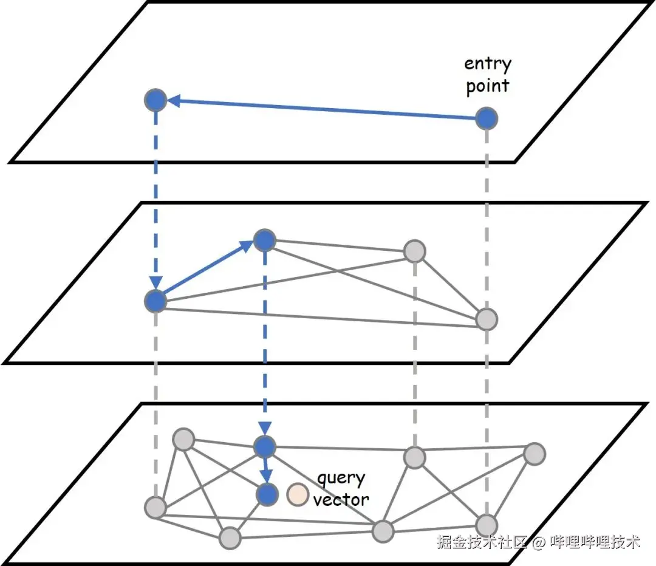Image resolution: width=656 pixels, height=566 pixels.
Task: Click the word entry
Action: [488, 64]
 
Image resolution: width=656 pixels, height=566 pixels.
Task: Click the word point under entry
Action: [487, 86]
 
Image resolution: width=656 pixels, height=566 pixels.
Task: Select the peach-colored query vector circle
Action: [298, 495]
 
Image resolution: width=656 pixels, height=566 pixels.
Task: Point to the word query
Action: [341, 479]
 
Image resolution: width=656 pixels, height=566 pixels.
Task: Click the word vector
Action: [341, 500]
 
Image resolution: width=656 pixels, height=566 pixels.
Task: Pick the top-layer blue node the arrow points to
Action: [156, 100]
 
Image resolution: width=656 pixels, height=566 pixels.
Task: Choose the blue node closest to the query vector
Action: [266, 494]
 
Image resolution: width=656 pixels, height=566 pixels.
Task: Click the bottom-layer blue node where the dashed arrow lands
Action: [265, 448]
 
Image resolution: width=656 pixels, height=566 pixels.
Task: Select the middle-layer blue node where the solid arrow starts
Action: [156, 301]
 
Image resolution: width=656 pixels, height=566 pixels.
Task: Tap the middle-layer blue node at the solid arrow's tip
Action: [264, 241]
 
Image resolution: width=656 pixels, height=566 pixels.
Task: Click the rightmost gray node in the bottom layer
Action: [535, 454]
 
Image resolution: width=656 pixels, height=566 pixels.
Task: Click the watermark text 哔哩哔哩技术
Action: [595, 542]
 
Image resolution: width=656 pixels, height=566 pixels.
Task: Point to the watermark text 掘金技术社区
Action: [481, 542]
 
